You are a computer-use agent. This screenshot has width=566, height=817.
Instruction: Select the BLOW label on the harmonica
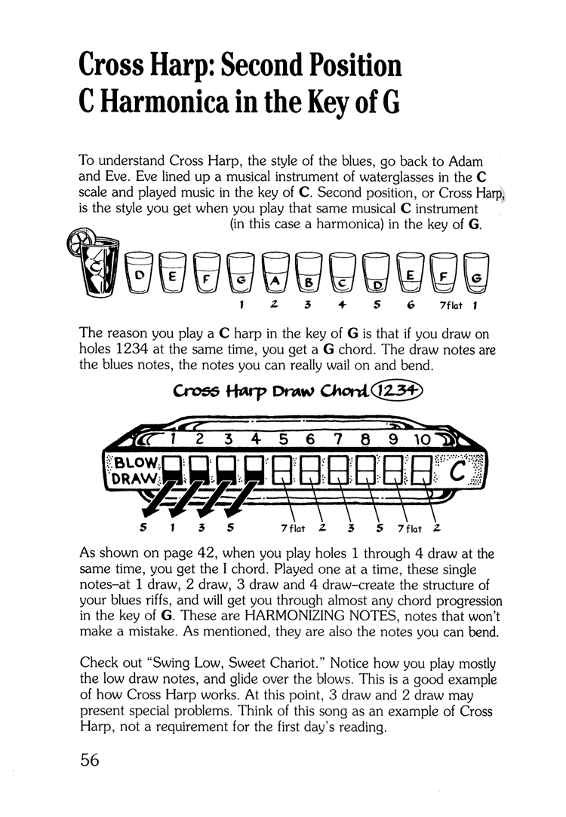click(134, 461)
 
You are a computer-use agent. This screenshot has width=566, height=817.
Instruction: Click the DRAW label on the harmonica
click(134, 478)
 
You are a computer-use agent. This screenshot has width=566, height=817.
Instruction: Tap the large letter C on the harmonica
click(457, 473)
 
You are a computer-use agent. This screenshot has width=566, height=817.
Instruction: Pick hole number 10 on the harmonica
click(421, 437)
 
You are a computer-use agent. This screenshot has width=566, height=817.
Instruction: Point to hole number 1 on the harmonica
click(173, 437)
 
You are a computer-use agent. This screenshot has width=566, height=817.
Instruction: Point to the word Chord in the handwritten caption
click(343, 392)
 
